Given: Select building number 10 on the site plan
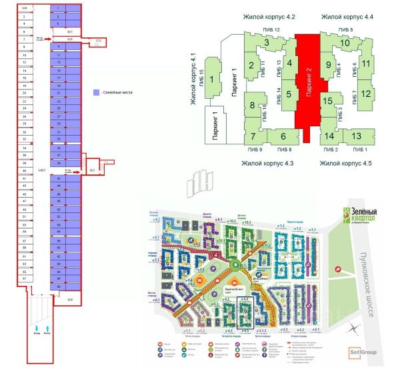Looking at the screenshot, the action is [x=345, y=45].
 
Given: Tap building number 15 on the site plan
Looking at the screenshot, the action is [x=327, y=102].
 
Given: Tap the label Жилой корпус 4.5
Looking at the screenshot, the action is [x=345, y=163].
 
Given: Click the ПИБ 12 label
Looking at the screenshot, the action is [x=270, y=31].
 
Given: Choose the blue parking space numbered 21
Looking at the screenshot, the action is [x=59, y=94].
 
